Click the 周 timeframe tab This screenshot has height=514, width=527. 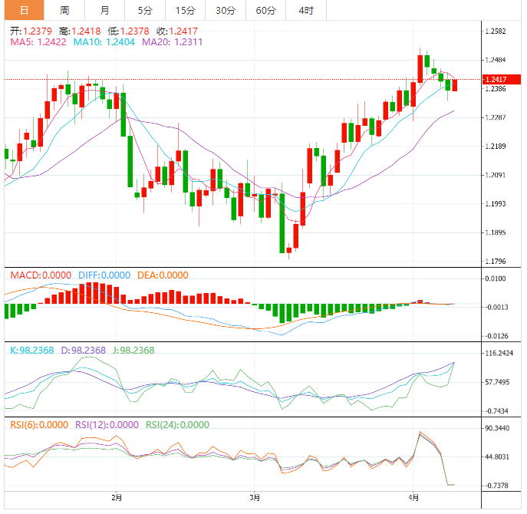pyautogui.click(x=64, y=10)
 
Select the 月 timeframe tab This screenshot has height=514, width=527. pyautogui.click(x=104, y=10)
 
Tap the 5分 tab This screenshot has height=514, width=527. pyautogui.click(x=145, y=10)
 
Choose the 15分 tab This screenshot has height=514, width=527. pyautogui.click(x=185, y=10)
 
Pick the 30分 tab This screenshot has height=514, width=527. pyautogui.click(x=226, y=10)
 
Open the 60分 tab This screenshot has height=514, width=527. pyautogui.click(x=265, y=10)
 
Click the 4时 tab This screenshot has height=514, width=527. pyautogui.click(x=305, y=10)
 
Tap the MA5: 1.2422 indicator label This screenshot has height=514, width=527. pyautogui.click(x=38, y=42)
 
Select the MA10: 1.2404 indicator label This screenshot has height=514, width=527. pyautogui.click(x=104, y=42)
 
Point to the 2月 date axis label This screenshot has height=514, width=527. pyautogui.click(x=117, y=497)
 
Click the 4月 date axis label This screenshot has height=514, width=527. pyautogui.click(x=414, y=497)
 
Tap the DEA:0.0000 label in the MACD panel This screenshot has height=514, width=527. pyautogui.click(x=162, y=275)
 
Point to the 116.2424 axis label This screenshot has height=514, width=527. pyautogui.click(x=499, y=354)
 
